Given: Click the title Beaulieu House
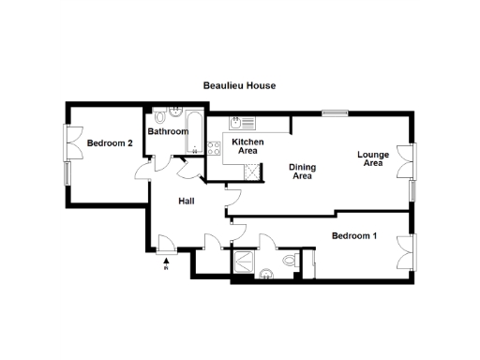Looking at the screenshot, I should [x=239, y=85].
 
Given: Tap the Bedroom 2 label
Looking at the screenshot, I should [x=110, y=143].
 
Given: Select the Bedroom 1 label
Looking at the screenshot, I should [x=354, y=235].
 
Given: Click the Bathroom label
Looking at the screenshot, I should [x=168, y=131].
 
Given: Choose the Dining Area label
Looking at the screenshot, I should [x=301, y=172].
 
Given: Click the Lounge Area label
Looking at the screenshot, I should [x=372, y=158].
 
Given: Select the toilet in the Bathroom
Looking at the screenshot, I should [x=160, y=118].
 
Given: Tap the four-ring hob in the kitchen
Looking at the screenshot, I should [x=214, y=147].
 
